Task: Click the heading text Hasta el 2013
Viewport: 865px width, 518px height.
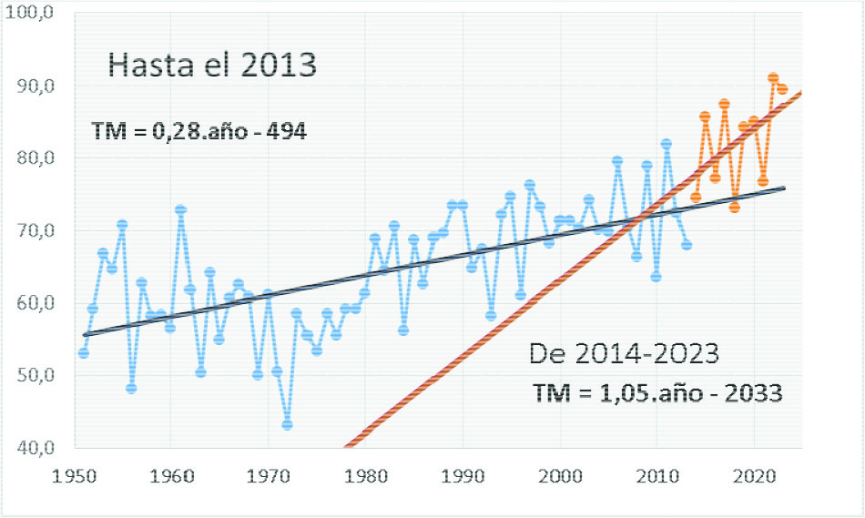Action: click(x=212, y=66)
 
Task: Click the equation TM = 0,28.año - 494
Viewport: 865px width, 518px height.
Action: click(x=199, y=132)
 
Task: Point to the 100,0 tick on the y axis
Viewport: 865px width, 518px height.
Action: click(x=35, y=14)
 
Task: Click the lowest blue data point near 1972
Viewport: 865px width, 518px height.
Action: click(x=288, y=425)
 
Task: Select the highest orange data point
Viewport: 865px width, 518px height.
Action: click(x=773, y=78)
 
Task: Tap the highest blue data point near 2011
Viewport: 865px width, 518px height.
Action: click(x=667, y=144)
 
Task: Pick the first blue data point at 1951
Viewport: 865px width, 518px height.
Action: click(x=84, y=352)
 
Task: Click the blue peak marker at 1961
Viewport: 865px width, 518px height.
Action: click(x=180, y=210)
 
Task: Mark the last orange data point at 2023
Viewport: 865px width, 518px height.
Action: click(x=782, y=88)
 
